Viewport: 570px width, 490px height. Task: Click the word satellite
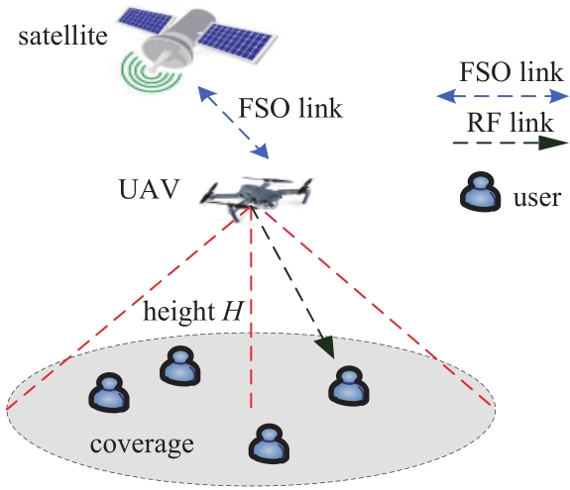coord(62,36)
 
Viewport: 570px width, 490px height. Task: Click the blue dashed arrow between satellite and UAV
coord(233,123)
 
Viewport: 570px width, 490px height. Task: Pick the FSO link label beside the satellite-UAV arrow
coord(290,108)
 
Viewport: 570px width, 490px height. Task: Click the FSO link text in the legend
coord(512,72)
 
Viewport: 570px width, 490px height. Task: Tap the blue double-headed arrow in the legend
coord(503,97)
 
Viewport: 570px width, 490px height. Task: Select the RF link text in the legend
coord(510,122)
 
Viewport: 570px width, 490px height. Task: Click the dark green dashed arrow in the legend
coord(511,143)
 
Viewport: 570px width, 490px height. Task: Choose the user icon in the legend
coord(480,191)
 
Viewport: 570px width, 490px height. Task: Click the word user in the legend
coord(537,198)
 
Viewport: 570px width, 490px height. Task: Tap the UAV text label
coord(150,189)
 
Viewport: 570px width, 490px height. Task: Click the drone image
coord(258,198)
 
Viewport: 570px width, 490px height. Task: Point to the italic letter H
coord(233,311)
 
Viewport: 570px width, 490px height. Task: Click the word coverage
coord(142,443)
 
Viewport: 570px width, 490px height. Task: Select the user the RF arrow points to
coord(349,385)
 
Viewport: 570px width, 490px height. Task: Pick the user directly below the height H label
coord(180,365)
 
